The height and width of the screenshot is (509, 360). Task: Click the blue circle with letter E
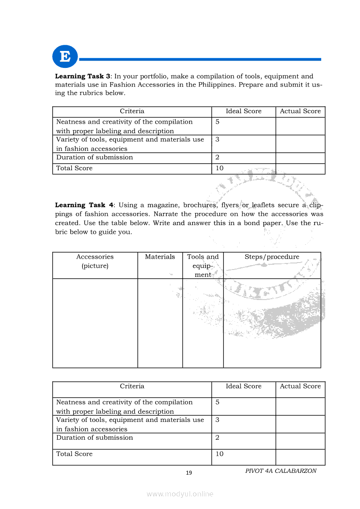65,57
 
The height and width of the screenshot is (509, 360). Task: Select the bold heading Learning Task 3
82,76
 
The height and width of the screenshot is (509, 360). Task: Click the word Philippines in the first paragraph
211,84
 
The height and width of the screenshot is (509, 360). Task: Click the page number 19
189,473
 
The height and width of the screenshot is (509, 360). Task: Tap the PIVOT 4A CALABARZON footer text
281,471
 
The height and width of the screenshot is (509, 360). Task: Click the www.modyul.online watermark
180,494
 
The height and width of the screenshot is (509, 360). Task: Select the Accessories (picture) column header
95,261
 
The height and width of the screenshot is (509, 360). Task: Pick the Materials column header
160,257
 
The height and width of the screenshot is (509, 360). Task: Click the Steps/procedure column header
272,257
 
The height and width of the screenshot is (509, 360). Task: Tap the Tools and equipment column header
203,266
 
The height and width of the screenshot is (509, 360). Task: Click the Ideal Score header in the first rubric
244,111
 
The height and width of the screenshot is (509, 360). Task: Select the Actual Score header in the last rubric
300,386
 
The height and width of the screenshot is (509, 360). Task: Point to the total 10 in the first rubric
219,169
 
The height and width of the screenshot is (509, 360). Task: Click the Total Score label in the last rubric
75,454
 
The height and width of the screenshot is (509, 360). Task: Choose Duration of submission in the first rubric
95,158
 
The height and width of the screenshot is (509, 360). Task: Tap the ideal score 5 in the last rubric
217,402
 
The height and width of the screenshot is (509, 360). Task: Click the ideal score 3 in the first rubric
217,140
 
